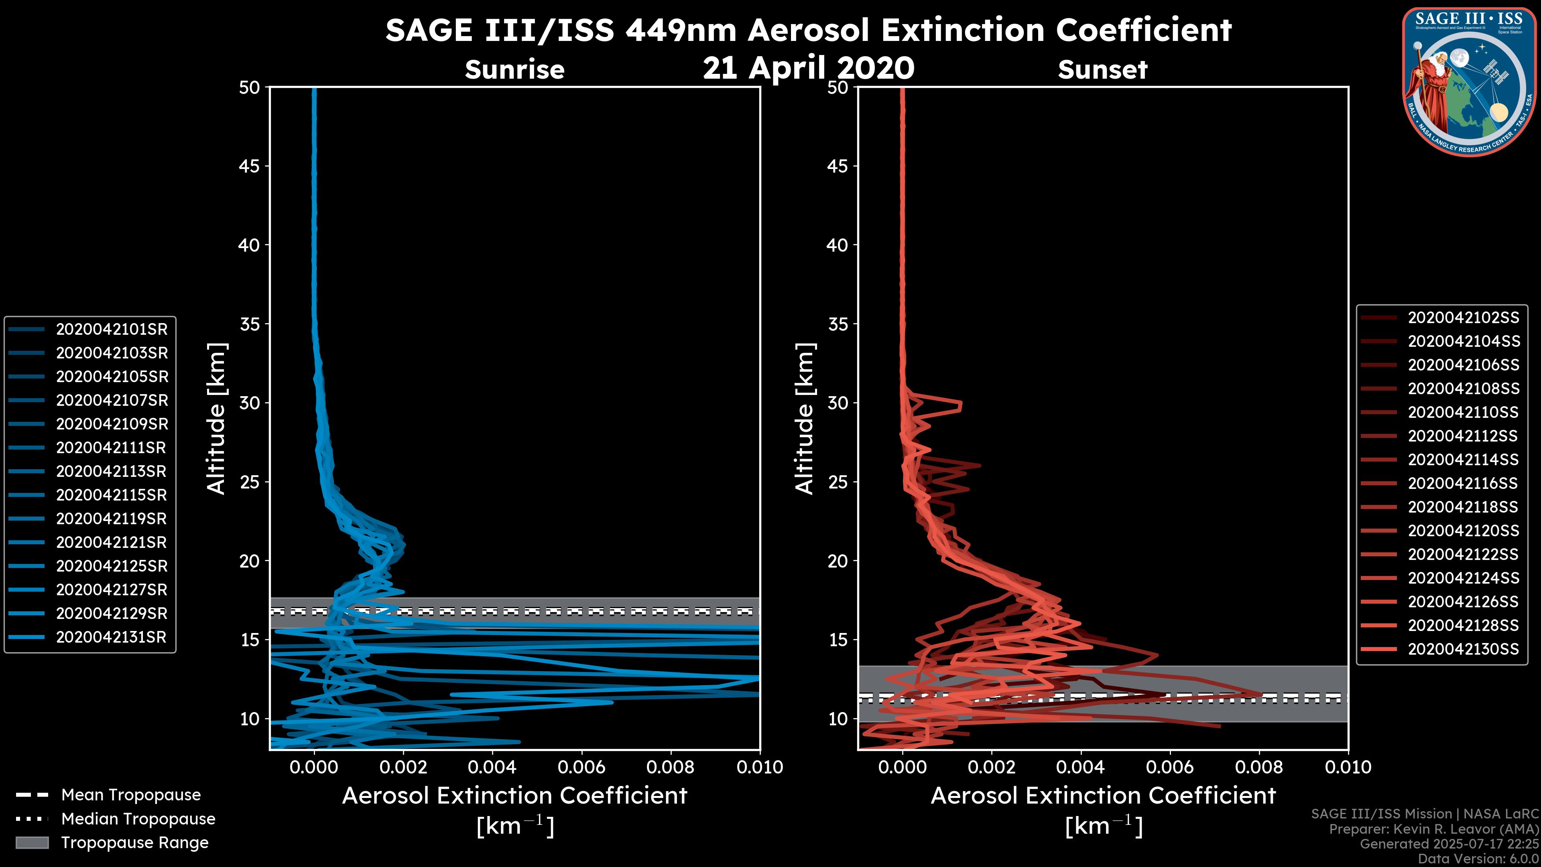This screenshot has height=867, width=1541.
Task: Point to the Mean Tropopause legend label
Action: (131, 795)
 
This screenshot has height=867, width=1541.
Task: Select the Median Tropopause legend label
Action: (138, 818)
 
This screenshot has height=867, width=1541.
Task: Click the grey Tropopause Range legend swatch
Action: (32, 843)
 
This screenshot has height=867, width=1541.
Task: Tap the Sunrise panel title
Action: (514, 70)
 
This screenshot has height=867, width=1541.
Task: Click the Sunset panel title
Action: (1102, 70)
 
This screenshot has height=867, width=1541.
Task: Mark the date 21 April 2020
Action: (809, 67)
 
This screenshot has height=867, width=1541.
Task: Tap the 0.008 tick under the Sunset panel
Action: (1259, 767)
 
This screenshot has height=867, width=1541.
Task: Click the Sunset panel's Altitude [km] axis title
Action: (805, 419)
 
